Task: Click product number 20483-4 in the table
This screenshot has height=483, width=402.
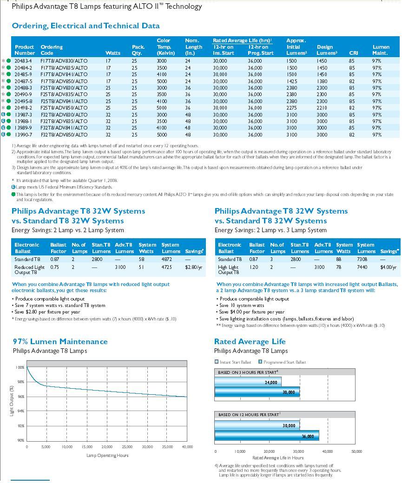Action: click(x=23, y=61)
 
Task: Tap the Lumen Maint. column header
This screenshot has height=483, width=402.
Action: click(x=381, y=50)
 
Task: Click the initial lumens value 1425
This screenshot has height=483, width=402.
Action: click(x=291, y=81)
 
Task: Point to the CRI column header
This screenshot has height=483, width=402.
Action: click(x=354, y=53)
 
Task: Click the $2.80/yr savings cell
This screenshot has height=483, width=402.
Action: click(x=193, y=268)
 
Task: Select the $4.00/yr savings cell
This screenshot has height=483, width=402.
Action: click(x=388, y=268)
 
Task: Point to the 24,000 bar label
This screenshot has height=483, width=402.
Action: click(x=271, y=383)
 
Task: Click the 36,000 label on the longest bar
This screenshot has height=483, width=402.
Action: click(x=308, y=437)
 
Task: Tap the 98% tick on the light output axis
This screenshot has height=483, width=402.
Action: click(x=20, y=382)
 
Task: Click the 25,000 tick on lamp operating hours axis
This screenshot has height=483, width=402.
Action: click(x=127, y=447)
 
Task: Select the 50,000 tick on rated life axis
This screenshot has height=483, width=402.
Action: click(x=356, y=451)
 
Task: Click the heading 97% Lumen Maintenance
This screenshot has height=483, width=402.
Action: click(x=60, y=341)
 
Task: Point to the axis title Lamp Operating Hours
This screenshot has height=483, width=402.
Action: click(x=107, y=455)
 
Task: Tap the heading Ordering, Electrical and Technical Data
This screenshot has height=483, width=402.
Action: click(x=86, y=26)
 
